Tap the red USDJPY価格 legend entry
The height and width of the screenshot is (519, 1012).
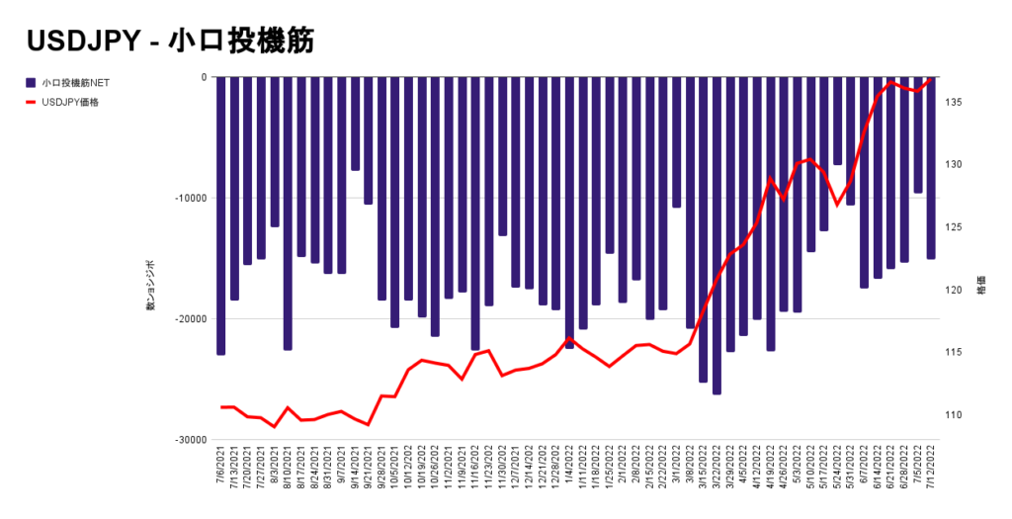(x=75, y=102)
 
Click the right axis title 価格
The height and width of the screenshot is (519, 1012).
(x=981, y=289)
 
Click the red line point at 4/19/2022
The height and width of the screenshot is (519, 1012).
(x=770, y=179)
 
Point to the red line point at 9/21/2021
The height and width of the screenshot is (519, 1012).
(x=369, y=424)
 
